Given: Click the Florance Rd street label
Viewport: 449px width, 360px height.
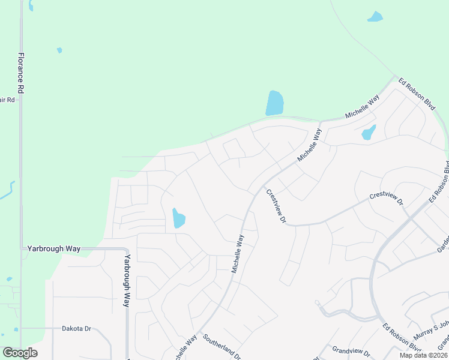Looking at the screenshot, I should (x=20, y=72).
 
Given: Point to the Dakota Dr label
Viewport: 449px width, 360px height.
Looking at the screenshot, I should (x=76, y=329).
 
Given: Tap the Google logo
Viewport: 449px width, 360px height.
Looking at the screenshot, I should (x=20, y=353).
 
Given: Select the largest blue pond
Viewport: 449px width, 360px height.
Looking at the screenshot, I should (x=274, y=103).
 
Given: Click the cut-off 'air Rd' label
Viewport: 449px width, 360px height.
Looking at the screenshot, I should (x=7, y=100).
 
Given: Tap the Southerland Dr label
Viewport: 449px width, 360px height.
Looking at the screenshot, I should (x=223, y=346).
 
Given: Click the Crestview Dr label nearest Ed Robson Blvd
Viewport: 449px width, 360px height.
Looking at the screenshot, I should (x=386, y=198).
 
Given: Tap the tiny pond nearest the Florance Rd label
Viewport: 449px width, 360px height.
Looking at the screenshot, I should (x=59, y=50).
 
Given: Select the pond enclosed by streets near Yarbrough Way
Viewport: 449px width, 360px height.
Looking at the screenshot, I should (x=178, y=218).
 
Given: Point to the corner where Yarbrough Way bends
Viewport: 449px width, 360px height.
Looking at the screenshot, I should (x=127, y=249).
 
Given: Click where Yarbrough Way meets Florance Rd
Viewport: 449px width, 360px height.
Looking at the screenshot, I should (x=21, y=248).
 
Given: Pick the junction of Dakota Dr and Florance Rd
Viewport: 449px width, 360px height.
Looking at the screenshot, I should (x=21, y=328).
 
